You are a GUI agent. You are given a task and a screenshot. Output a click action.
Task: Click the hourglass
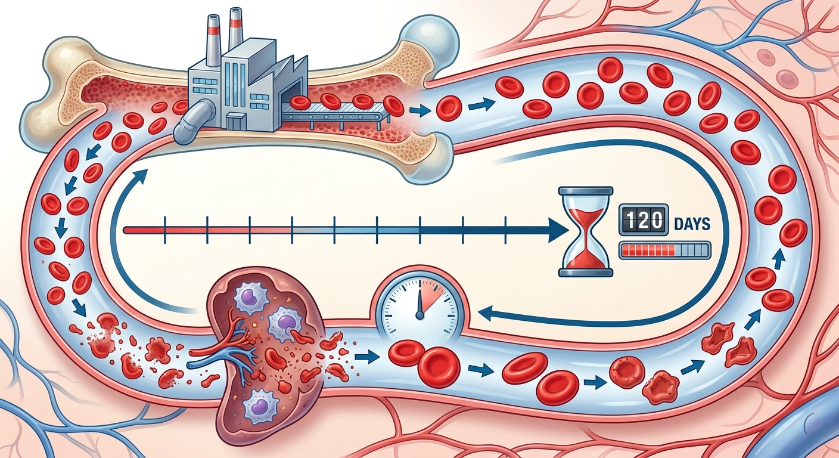tap(585, 232)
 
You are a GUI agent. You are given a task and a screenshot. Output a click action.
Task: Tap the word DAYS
tap(692, 224)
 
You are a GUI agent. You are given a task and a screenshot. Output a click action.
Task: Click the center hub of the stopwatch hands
tap(420, 315)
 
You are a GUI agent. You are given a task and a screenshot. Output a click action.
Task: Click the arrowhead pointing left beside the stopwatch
tap(486, 312)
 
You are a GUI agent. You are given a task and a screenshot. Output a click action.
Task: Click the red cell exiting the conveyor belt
tap(394, 106)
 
